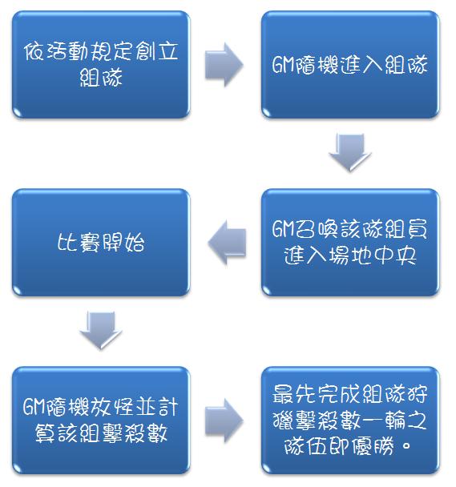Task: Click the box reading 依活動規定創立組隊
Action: click(x=101, y=65)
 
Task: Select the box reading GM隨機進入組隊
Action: click(x=350, y=65)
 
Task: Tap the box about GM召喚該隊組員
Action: click(x=350, y=242)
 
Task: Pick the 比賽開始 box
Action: click(x=101, y=242)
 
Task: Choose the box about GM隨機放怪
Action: click(x=101, y=421)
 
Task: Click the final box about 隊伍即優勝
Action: click(x=350, y=421)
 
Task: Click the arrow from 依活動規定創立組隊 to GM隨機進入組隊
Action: click(x=224, y=65)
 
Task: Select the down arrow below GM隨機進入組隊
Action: click(x=350, y=152)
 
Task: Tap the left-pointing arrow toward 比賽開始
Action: click(x=227, y=243)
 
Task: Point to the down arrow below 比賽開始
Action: click(x=101, y=331)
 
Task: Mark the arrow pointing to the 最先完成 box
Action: click(x=224, y=421)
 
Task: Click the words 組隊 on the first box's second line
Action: click(x=101, y=78)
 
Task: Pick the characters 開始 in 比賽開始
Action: click(x=123, y=243)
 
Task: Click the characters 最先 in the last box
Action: click(x=294, y=394)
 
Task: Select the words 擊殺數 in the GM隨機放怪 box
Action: click(x=135, y=433)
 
